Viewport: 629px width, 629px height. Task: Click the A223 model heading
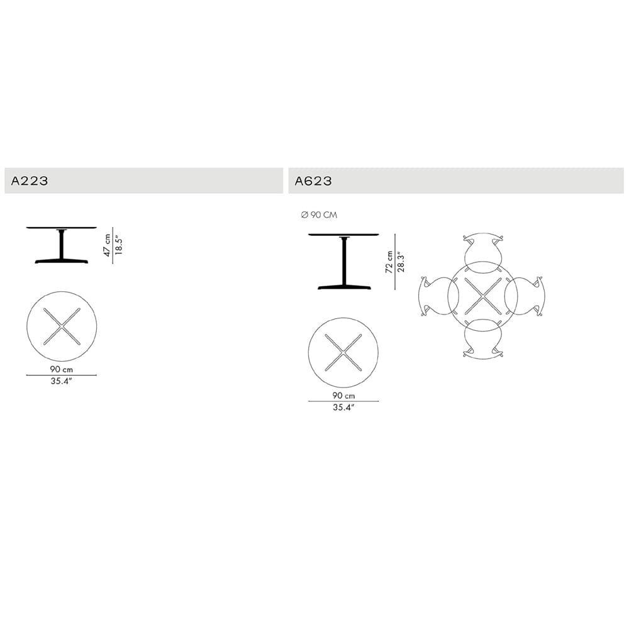click(x=30, y=181)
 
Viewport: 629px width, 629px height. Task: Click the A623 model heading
click(x=313, y=181)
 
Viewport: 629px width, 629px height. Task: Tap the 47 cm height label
click(x=107, y=245)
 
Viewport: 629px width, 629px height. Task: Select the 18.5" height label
click(x=119, y=245)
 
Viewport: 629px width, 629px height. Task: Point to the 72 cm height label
click(x=389, y=262)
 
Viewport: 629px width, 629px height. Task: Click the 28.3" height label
click(x=400, y=262)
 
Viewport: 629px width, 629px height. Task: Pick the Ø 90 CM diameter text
click(x=319, y=215)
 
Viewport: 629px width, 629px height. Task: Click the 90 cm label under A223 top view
click(x=62, y=369)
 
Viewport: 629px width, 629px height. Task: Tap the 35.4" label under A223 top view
click(x=61, y=381)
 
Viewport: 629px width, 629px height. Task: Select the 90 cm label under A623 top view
click(x=343, y=396)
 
